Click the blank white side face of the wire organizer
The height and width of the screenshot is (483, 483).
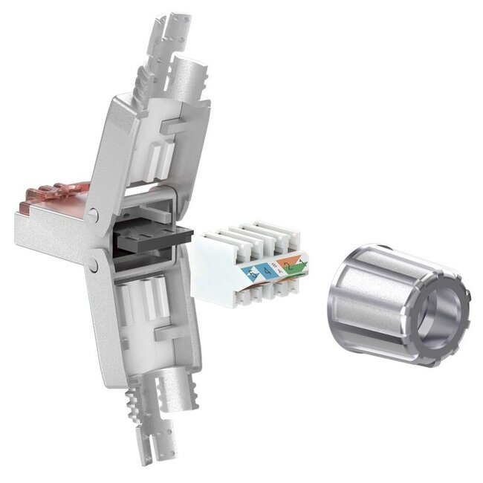pyautogui.click(x=215, y=268)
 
